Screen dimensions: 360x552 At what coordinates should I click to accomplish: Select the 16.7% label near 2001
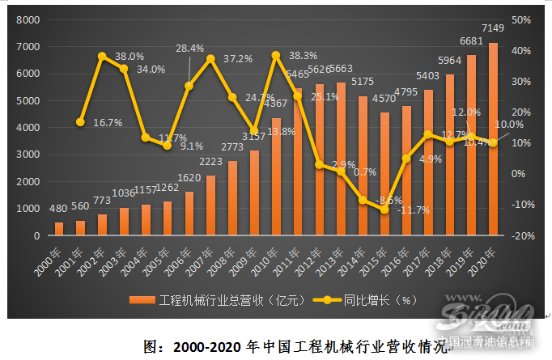click(107, 123)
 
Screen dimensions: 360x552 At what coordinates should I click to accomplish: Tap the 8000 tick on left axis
click(30, 19)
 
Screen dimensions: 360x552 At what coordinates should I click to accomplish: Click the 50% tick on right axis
click(521, 19)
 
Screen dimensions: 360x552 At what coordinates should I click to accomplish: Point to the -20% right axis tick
click(521, 235)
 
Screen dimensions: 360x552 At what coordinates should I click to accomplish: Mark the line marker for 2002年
click(103, 57)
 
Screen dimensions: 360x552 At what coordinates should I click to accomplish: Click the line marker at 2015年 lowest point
click(384, 210)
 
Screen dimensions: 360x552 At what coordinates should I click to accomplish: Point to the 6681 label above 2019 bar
click(469, 40)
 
